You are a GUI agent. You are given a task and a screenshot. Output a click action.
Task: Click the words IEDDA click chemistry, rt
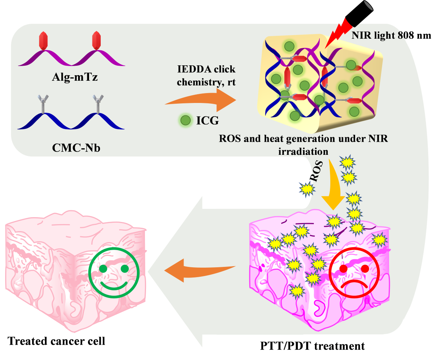pos(206,76)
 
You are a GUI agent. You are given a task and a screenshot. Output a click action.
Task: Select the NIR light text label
pos(380,35)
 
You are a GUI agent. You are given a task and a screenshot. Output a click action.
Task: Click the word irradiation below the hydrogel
pos(303,151)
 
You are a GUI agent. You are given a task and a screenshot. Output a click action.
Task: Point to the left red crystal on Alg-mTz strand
pos(43,41)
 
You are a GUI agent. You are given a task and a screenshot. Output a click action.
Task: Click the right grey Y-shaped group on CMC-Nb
pos(98,103)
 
